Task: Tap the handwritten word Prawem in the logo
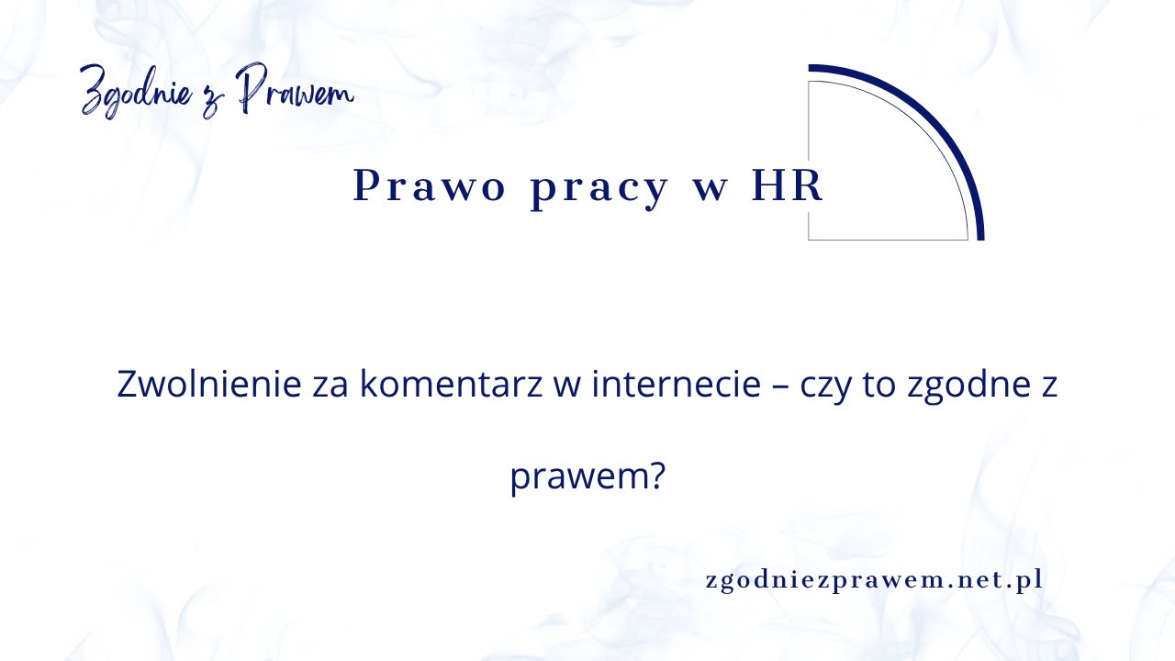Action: (x=294, y=92)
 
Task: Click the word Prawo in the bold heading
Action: (x=430, y=187)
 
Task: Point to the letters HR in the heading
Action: (x=788, y=186)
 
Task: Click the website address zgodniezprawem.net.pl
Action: (x=874, y=581)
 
